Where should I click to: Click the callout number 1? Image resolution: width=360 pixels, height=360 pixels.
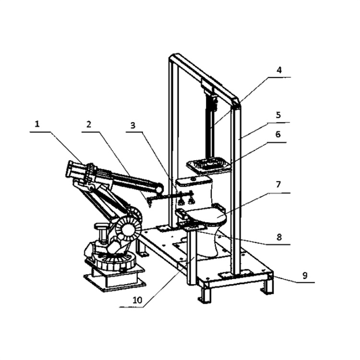[x=37, y=124]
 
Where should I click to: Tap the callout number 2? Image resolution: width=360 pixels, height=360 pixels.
[x=89, y=124]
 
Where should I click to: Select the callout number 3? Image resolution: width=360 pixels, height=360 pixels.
[x=133, y=125]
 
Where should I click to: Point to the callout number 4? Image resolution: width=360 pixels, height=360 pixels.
[x=279, y=70]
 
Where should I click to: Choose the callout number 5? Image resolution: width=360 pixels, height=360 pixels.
[x=278, y=115]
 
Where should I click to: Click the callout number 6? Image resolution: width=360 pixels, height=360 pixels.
[x=278, y=134]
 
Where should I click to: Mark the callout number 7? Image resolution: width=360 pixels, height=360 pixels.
[x=278, y=184]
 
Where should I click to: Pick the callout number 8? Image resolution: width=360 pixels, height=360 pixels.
[x=279, y=237]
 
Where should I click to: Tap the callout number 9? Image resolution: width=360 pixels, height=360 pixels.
[x=305, y=276]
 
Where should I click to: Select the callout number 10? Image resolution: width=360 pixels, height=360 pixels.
[x=138, y=300]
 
